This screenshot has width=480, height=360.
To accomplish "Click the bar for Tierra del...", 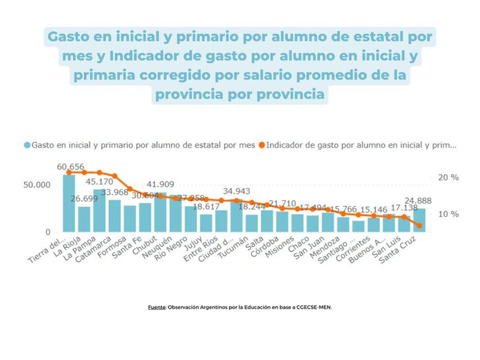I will click(x=68, y=203).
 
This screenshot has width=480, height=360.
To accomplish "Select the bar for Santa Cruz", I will click(x=419, y=220).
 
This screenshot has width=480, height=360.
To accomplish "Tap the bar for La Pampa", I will click(x=99, y=210).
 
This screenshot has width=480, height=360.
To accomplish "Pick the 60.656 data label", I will click(x=70, y=167).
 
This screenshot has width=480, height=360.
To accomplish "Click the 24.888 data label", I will click(x=418, y=201).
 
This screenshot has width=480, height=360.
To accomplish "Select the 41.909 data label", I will click(x=160, y=185).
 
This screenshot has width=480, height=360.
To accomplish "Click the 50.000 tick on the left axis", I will click(x=38, y=185).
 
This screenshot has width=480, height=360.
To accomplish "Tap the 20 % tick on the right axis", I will click(x=448, y=177).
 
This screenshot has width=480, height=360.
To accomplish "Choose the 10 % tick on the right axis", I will click(x=448, y=214).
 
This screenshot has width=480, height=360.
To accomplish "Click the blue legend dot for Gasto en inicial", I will click(x=27, y=145).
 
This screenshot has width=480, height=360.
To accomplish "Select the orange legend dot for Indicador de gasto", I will click(x=262, y=145).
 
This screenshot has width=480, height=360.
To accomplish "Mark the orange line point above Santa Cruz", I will click(x=419, y=225).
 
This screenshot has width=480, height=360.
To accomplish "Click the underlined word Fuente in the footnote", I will click(x=156, y=306).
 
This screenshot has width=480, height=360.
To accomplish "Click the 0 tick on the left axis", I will click(x=47, y=233).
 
